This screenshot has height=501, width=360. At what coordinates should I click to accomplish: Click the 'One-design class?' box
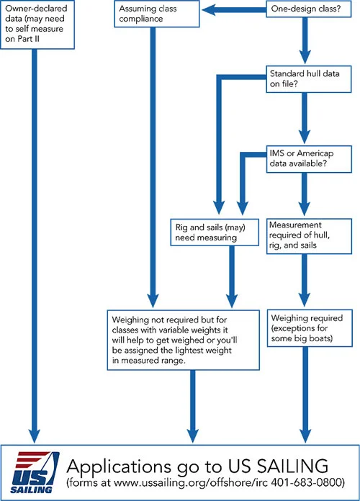click(x=309, y=9)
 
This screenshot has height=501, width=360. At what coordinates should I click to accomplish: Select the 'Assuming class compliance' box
click(x=157, y=14)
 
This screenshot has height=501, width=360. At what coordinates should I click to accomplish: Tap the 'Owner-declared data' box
click(x=37, y=24)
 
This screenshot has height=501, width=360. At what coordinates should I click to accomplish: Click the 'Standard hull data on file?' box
click(x=309, y=79)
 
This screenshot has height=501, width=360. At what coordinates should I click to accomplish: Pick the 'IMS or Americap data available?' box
click(x=309, y=159)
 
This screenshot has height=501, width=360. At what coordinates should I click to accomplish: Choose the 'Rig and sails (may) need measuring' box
click(x=215, y=233)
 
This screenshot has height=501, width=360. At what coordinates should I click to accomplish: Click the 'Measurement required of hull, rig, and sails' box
click(x=309, y=236)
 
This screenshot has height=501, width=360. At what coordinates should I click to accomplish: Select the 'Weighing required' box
click(x=310, y=328)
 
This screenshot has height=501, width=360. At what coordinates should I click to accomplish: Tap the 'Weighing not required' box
click(x=183, y=340)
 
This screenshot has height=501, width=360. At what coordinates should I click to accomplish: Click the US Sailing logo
click(x=35, y=472)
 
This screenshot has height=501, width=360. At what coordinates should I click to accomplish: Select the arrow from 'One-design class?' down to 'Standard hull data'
click(x=305, y=41)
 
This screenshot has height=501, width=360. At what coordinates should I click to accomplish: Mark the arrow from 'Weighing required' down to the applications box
click(x=305, y=395)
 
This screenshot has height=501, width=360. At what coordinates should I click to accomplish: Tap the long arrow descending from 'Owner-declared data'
click(x=35, y=246)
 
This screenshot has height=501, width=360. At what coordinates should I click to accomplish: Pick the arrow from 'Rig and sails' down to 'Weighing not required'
click(x=232, y=277)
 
